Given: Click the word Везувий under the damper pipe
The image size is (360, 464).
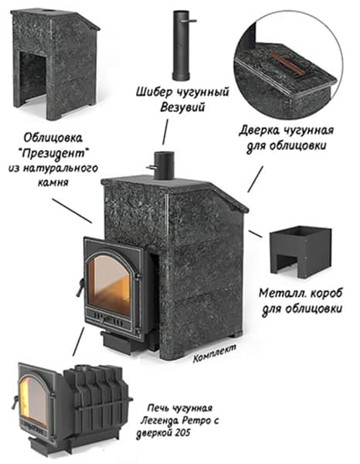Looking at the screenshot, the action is (x=182, y=107).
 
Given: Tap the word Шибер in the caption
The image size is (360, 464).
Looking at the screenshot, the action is (x=154, y=92).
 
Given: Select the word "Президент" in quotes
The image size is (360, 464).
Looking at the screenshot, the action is (x=53, y=153).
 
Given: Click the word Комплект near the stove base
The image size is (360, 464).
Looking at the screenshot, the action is (x=215, y=353).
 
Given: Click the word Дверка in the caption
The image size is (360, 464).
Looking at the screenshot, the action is (x=260, y=130).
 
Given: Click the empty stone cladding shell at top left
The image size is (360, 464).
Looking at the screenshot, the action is (x=55, y=64).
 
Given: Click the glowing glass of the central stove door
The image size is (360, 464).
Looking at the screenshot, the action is (x=109, y=285).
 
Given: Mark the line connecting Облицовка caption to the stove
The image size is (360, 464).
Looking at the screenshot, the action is (x=72, y=210).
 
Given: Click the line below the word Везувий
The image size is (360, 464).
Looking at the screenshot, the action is (x=165, y=132).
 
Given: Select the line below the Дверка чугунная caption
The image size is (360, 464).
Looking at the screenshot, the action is (x=255, y=179).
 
